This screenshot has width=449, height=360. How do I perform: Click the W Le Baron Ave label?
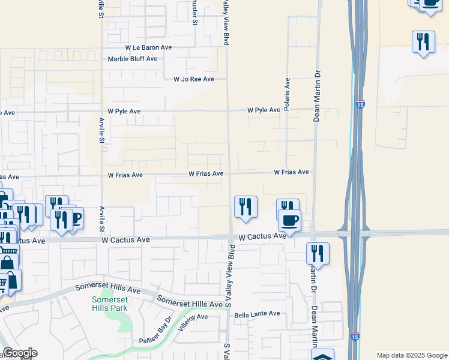tap(148, 47)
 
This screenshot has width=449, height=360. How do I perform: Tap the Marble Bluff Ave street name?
tap(132, 59)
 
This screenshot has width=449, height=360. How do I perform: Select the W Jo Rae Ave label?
tap(194, 79)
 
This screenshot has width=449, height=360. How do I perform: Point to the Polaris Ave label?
tap(288, 91)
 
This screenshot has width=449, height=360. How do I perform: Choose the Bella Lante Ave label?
tap(257, 314)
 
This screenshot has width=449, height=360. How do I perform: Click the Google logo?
tap(19, 353)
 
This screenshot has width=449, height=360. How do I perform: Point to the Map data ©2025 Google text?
tap(412, 355)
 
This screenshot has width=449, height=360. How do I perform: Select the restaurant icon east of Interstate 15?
tap(424, 42)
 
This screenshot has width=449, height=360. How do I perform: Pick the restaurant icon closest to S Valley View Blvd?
tap(246, 206)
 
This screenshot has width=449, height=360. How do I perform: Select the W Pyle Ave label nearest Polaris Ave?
tap(264, 110)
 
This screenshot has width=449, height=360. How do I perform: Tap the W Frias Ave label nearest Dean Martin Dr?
tap(291, 172)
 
